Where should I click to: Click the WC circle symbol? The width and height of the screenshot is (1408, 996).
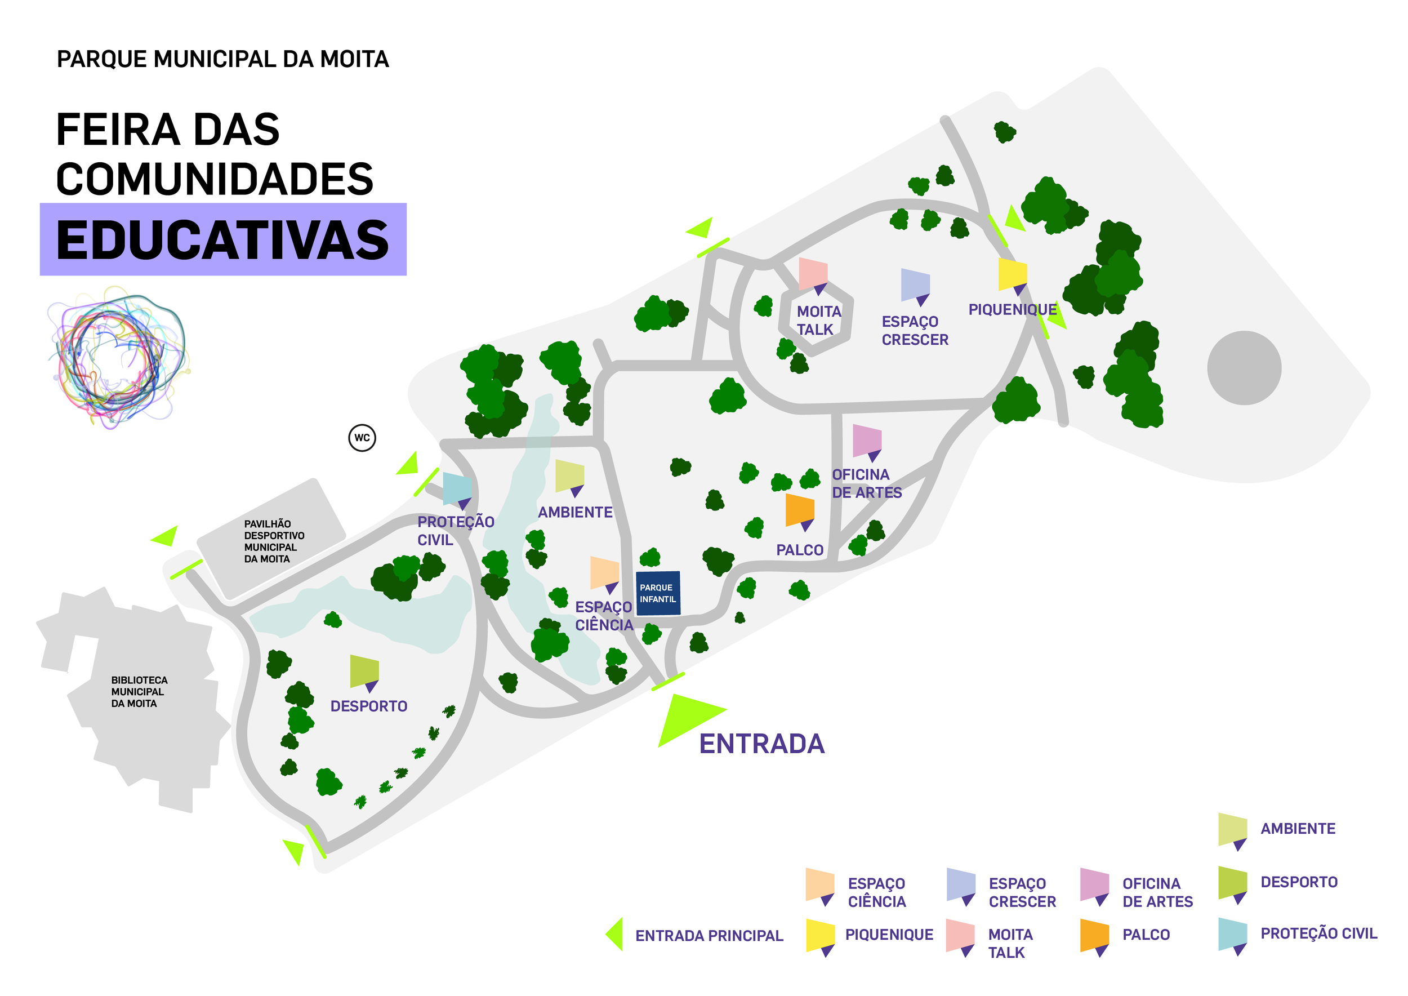tap(362, 438)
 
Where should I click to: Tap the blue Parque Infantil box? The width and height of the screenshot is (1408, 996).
tap(658, 593)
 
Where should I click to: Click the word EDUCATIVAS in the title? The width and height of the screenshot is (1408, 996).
tap(222, 240)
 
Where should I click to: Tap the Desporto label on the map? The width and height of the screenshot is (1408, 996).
tap(368, 706)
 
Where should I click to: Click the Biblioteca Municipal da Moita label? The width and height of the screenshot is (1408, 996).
tap(139, 692)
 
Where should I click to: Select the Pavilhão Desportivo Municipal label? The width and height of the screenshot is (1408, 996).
tap(274, 541)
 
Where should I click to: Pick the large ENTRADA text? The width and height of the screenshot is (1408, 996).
tap(761, 744)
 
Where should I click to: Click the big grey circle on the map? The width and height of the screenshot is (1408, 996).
tap(1244, 368)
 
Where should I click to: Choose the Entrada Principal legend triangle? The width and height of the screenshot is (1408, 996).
tap(616, 934)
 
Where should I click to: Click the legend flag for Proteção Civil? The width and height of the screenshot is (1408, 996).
tap(1233, 934)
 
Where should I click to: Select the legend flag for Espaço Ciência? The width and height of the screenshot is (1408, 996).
tap(820, 884)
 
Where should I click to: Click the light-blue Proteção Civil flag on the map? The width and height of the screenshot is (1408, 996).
tap(457, 488)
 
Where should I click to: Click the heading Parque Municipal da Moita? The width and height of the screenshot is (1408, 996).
tap(222, 60)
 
